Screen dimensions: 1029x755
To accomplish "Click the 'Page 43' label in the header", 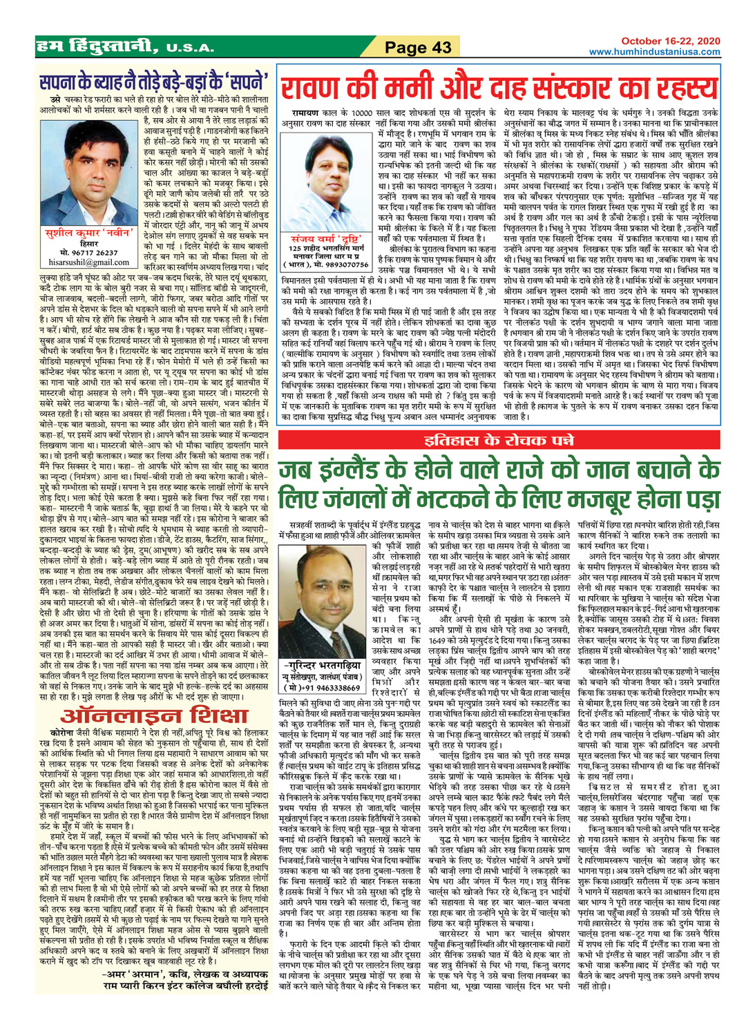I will (418, 47).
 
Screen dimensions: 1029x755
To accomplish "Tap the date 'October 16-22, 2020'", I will (670, 41).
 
